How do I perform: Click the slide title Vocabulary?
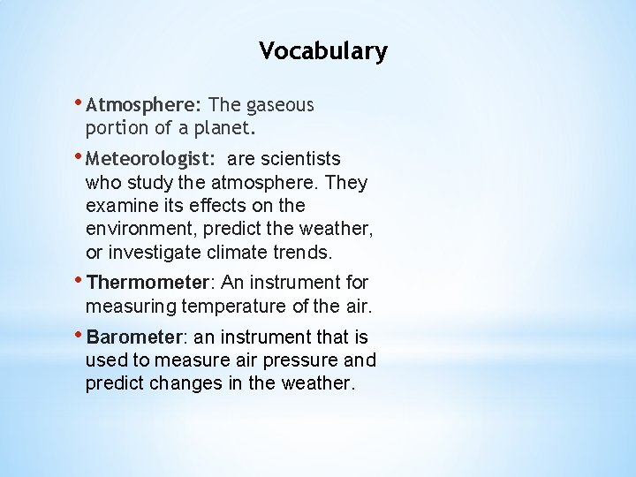coord(322,51)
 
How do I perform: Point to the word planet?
coord(225,128)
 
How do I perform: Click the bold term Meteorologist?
coord(151,160)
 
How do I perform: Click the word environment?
coord(141,230)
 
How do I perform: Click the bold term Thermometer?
coord(149,284)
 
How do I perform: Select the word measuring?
coord(131,307)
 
